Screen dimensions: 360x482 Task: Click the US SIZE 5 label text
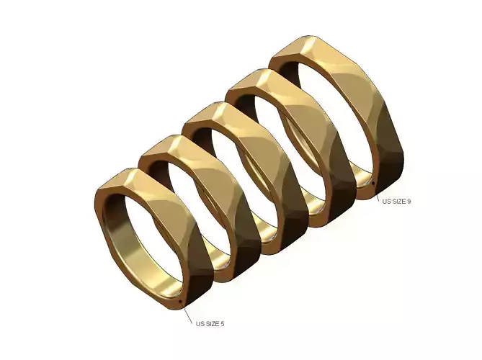click(210, 324)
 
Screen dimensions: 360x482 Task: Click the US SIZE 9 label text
click(396, 201)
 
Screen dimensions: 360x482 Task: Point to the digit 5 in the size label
click(222, 324)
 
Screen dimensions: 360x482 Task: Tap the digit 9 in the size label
click(409, 201)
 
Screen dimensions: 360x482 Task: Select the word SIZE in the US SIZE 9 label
click(398, 201)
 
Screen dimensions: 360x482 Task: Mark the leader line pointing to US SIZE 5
click(187, 312)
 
